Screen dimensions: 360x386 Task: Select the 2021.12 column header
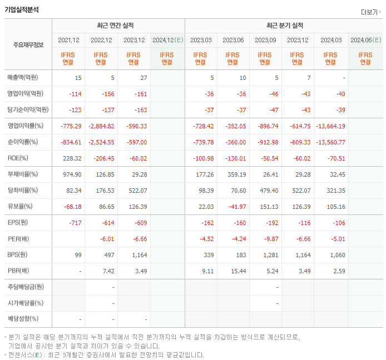(x=68, y=40)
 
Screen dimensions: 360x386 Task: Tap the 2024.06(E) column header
(x=365, y=40)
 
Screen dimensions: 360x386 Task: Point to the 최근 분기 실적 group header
(x=284, y=26)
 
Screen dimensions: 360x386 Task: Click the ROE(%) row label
(x=17, y=158)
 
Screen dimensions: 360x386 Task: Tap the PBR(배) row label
(x=18, y=271)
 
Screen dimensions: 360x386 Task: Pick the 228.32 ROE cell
(x=72, y=158)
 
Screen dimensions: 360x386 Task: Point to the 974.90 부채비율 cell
(x=72, y=174)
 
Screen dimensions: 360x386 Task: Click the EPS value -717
(x=75, y=223)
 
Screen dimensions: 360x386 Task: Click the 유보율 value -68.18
(x=72, y=207)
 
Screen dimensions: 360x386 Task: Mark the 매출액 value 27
(x=143, y=78)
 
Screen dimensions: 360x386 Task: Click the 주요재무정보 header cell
(x=28, y=45)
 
